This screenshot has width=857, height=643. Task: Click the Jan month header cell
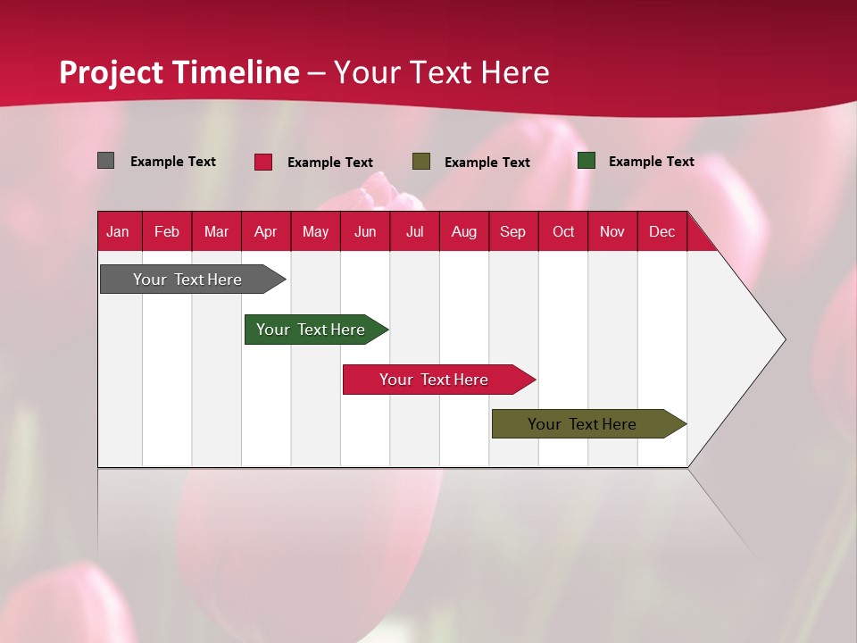pos(119,231)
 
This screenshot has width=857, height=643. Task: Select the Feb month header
pos(167,231)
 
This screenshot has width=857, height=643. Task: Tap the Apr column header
pos(266,231)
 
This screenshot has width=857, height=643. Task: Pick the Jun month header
pos(365,231)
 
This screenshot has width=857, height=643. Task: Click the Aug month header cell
pos(464,231)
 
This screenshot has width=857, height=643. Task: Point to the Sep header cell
pos(513,231)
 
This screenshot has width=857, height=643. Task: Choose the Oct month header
pos(563,231)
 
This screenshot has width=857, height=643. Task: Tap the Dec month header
pos(662,231)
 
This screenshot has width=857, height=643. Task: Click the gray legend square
pos(106,161)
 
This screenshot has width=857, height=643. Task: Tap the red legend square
pos(263,162)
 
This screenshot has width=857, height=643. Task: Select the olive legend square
pos(421,161)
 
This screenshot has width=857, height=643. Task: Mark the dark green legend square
pos(587,161)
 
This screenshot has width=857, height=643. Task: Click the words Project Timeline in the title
pos(179,72)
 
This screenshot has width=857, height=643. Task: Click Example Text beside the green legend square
pos(651,162)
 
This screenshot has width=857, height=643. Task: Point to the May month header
pos(315,231)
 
